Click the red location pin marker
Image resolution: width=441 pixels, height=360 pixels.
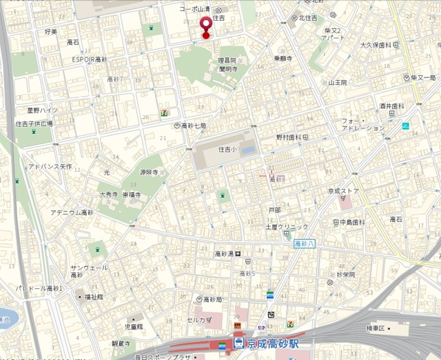point(205,26)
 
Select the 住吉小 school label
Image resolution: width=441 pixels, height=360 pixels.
point(227,149)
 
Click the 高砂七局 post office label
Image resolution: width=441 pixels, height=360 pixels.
point(193,126)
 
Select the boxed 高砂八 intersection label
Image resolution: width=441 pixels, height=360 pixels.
point(304,243)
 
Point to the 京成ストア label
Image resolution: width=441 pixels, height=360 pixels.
point(344,191)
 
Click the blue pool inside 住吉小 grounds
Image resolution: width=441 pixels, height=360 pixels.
point(249,149)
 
